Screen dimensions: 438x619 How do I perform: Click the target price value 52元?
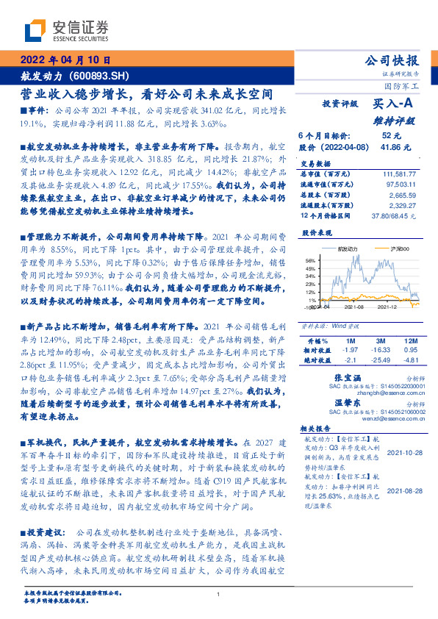[x=390, y=135]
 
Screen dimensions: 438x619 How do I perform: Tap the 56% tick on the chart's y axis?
[x=309, y=260]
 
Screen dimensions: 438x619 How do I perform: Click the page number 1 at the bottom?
[x=218, y=594]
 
